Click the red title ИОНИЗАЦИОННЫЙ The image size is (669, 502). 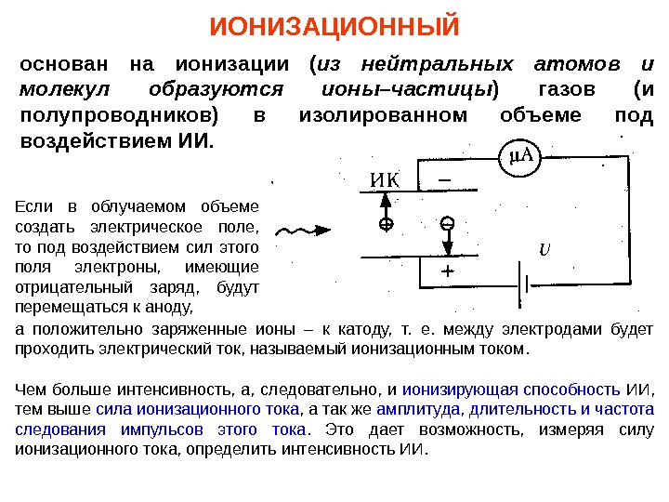pyautogui.click(x=334, y=26)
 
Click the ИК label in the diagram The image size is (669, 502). pyautogui.click(x=377, y=179)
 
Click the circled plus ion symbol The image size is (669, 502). pyautogui.click(x=386, y=224)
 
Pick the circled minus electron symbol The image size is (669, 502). pyautogui.click(x=447, y=224)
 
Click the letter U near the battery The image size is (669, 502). pyautogui.click(x=545, y=249)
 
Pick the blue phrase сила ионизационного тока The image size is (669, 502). pyautogui.click(x=197, y=409)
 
